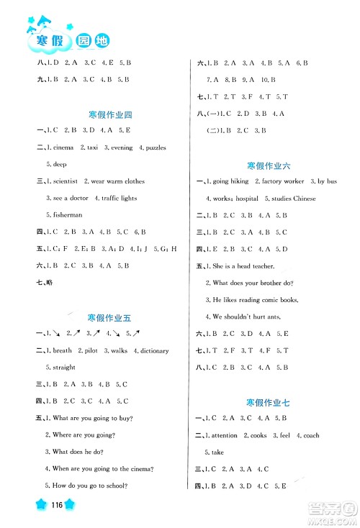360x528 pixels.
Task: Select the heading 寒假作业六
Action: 269,165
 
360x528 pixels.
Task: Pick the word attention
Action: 224,435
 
